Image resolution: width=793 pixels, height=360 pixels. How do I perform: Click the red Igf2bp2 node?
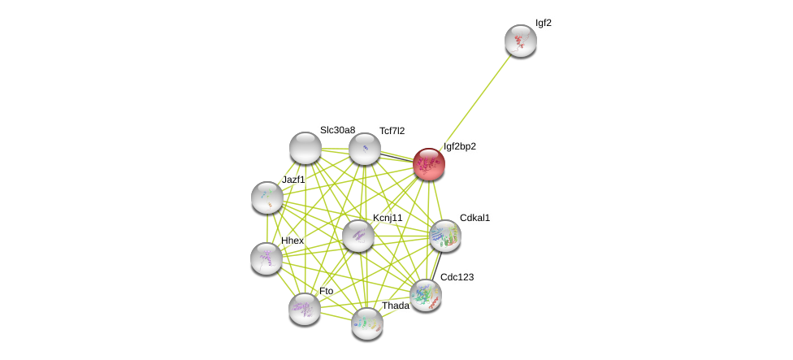[x=429, y=164]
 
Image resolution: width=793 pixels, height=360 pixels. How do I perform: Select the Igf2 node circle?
[x=520, y=41]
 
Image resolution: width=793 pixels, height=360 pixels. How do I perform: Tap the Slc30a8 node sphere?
[x=305, y=148]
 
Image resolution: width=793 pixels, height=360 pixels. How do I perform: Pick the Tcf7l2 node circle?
[x=365, y=149]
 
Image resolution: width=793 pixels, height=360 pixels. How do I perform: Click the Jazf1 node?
[x=267, y=197]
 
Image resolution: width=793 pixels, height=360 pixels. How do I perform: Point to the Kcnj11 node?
[x=358, y=236]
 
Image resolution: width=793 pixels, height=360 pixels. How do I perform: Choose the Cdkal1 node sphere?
[x=445, y=236]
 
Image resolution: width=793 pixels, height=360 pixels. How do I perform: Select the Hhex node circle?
[x=266, y=258]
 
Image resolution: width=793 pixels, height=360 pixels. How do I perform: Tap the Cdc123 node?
[x=426, y=295]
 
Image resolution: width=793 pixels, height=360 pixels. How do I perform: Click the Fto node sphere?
[x=305, y=309]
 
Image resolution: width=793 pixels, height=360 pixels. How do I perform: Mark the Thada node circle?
[x=367, y=323]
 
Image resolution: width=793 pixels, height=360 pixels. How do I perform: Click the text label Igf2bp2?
[x=460, y=146]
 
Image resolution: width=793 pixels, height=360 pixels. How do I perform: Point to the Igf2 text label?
[x=544, y=23]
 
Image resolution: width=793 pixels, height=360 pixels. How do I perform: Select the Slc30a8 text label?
[x=337, y=130]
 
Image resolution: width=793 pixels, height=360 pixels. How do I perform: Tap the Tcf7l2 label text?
[x=392, y=131]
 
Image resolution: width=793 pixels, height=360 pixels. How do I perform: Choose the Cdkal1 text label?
[x=475, y=218]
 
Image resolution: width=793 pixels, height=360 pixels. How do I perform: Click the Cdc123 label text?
[x=457, y=277]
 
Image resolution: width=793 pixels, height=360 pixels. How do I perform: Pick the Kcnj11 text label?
[x=388, y=218]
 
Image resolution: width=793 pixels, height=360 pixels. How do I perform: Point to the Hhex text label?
[x=292, y=241]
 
